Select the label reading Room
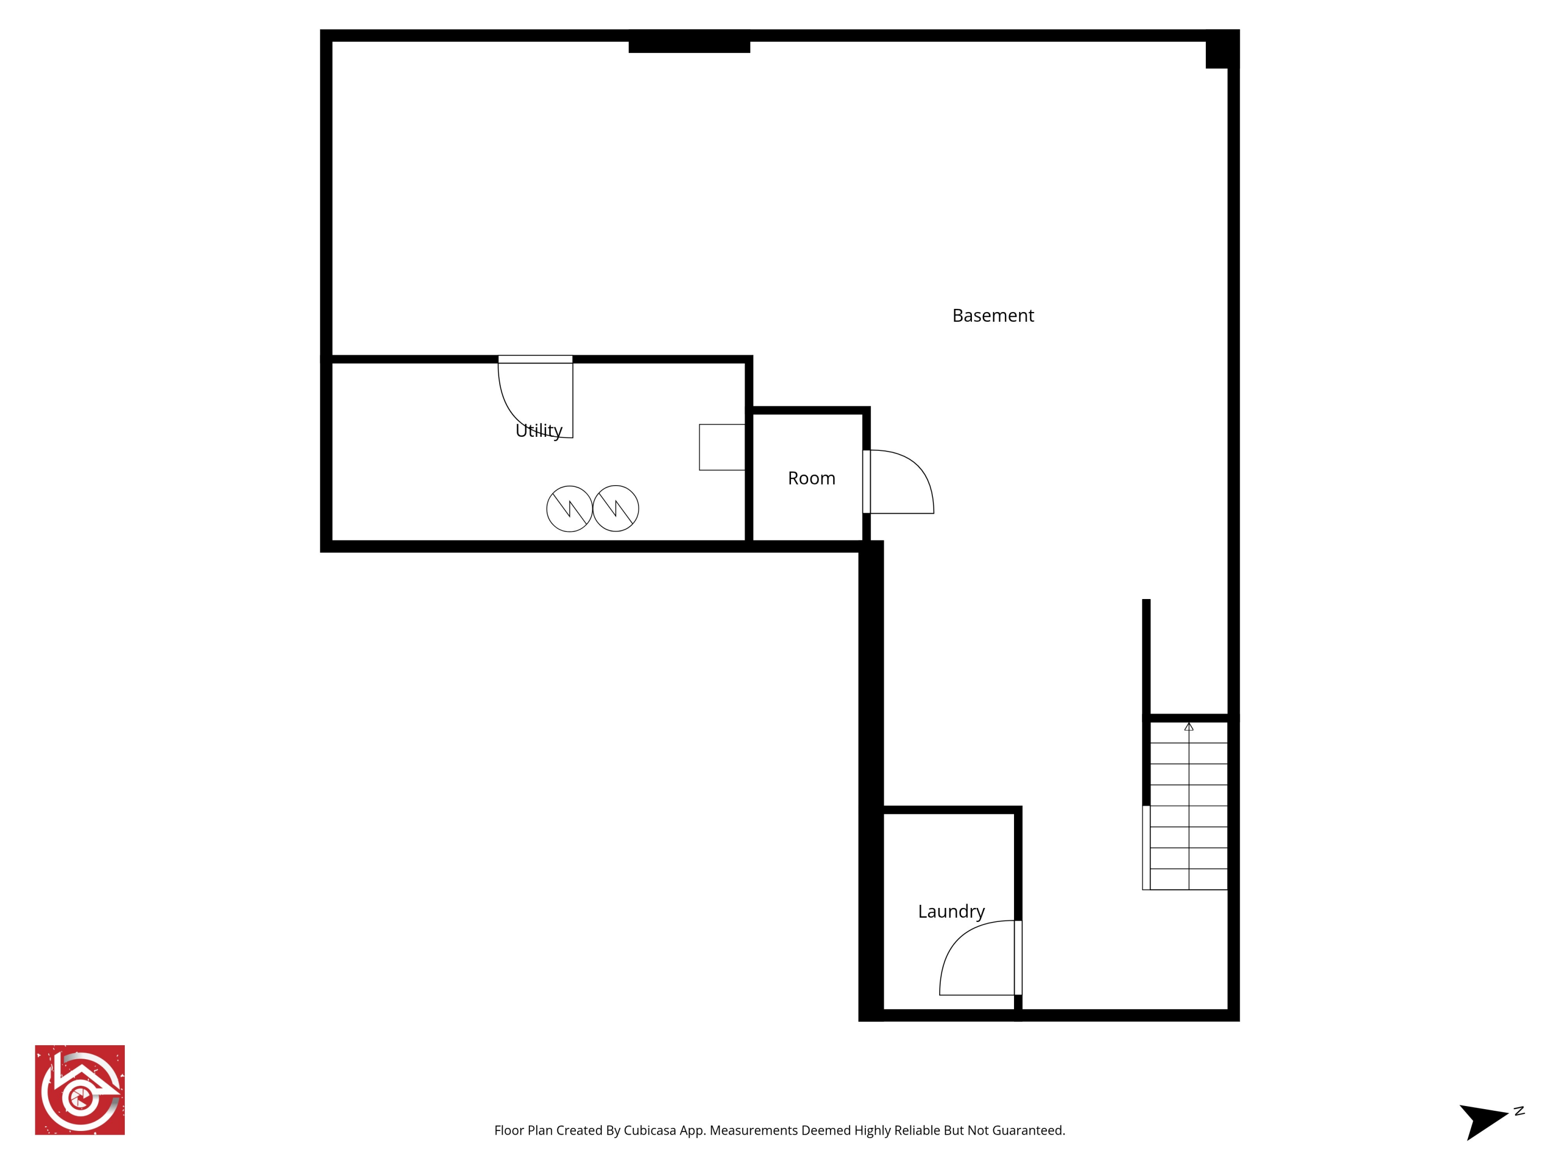[x=811, y=478]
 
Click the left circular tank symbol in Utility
[x=569, y=509]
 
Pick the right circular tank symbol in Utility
[x=616, y=509]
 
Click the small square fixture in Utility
[x=721, y=447]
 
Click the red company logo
[x=80, y=1089]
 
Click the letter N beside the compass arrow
[x=1519, y=1111]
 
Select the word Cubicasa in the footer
[x=649, y=1130]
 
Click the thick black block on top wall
[x=689, y=44]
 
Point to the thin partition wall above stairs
[x=1146, y=656]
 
